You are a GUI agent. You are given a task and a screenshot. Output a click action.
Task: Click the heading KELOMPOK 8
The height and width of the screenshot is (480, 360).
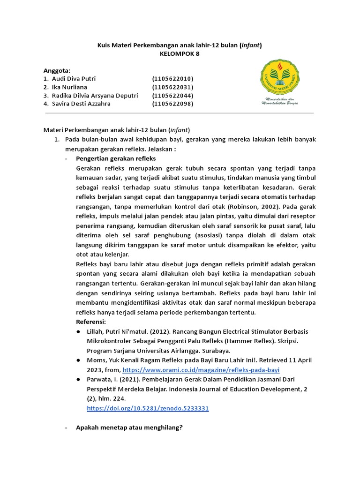(180, 54)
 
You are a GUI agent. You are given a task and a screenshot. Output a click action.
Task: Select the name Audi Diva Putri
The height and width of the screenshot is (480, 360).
(73, 79)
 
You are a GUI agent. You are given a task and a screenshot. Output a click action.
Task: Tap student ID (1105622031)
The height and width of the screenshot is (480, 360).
(172, 87)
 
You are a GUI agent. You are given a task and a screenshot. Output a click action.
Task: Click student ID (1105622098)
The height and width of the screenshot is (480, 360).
(172, 104)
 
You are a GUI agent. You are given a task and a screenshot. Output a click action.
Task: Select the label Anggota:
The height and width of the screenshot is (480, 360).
(56, 70)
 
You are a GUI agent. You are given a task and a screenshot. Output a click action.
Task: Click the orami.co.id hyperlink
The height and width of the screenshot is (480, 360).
(201, 369)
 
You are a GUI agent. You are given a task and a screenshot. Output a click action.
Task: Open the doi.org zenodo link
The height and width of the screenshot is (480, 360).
(148, 408)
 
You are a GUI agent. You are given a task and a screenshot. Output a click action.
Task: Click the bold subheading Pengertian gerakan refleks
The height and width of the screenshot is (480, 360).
(115, 158)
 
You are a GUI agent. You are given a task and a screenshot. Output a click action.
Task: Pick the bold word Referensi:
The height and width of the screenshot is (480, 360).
(91, 322)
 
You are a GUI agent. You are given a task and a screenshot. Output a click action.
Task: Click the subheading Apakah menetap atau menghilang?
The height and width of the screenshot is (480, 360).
(129, 427)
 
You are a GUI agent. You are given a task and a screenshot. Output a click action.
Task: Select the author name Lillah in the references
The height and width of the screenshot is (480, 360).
(96, 331)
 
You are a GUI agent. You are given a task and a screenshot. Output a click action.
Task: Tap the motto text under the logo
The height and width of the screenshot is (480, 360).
(279, 103)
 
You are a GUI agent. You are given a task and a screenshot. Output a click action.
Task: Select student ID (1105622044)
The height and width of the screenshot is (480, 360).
(172, 96)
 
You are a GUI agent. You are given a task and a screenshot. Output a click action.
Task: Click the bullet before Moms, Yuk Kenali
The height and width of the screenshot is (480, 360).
(78, 360)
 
